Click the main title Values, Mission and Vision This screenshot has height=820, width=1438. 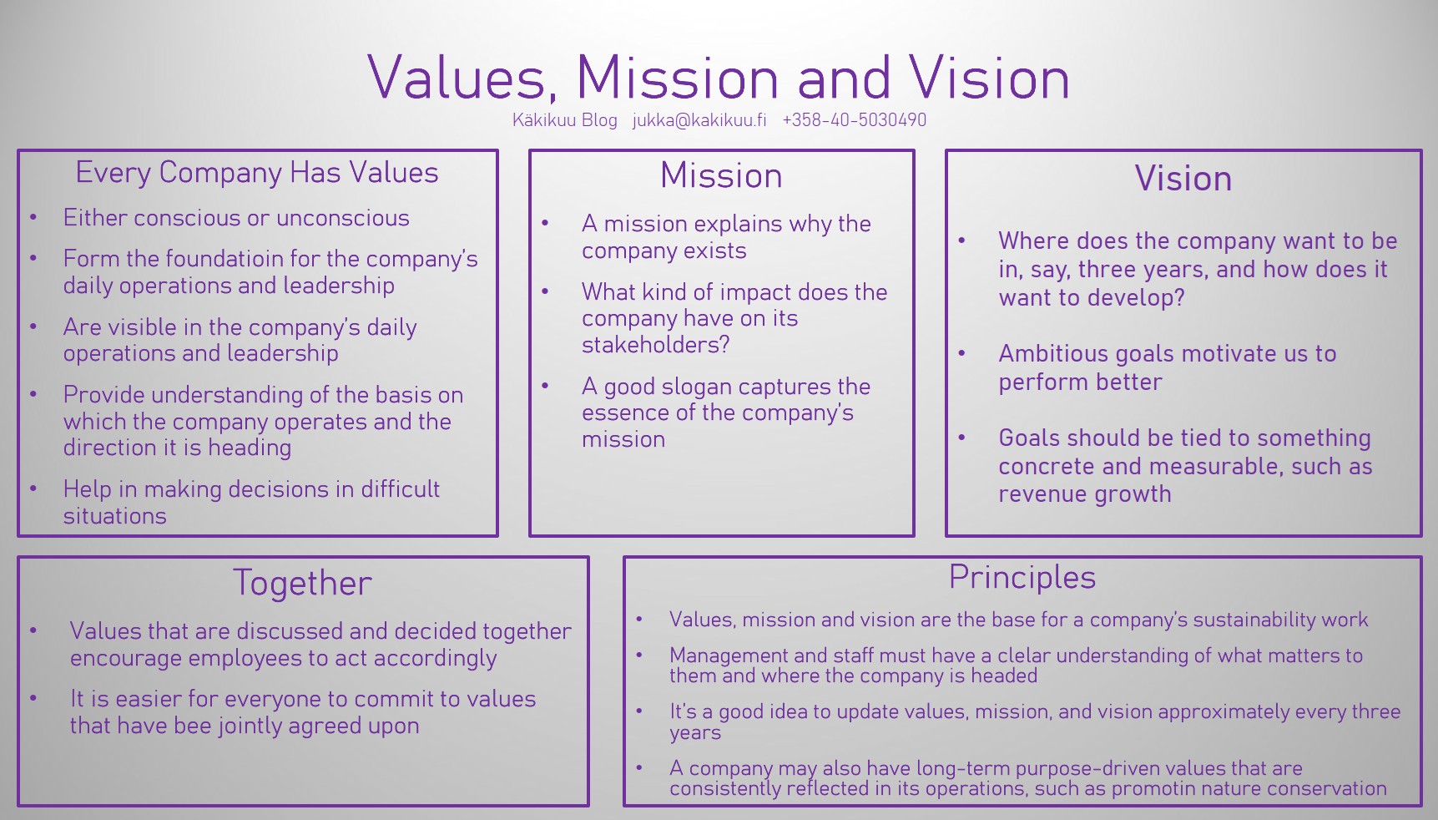coord(719,78)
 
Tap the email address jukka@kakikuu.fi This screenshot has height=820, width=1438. coord(699,120)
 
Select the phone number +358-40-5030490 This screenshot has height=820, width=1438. coord(855,120)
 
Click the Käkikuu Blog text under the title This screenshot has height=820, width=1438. coord(565,120)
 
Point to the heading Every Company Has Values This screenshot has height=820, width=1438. coord(257,173)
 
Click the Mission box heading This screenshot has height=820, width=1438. coord(722,176)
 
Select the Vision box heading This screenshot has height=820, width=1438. coord(1183,179)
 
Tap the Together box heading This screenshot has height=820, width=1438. coord(303,583)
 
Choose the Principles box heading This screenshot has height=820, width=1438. coord(1022,578)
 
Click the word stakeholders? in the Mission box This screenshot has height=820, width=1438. coord(656,345)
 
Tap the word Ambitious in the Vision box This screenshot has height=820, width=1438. coord(1052,354)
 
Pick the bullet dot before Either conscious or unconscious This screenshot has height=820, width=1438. coord(33,218)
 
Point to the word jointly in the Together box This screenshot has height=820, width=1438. coord(250,726)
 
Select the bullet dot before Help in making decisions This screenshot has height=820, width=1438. coord(33,489)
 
